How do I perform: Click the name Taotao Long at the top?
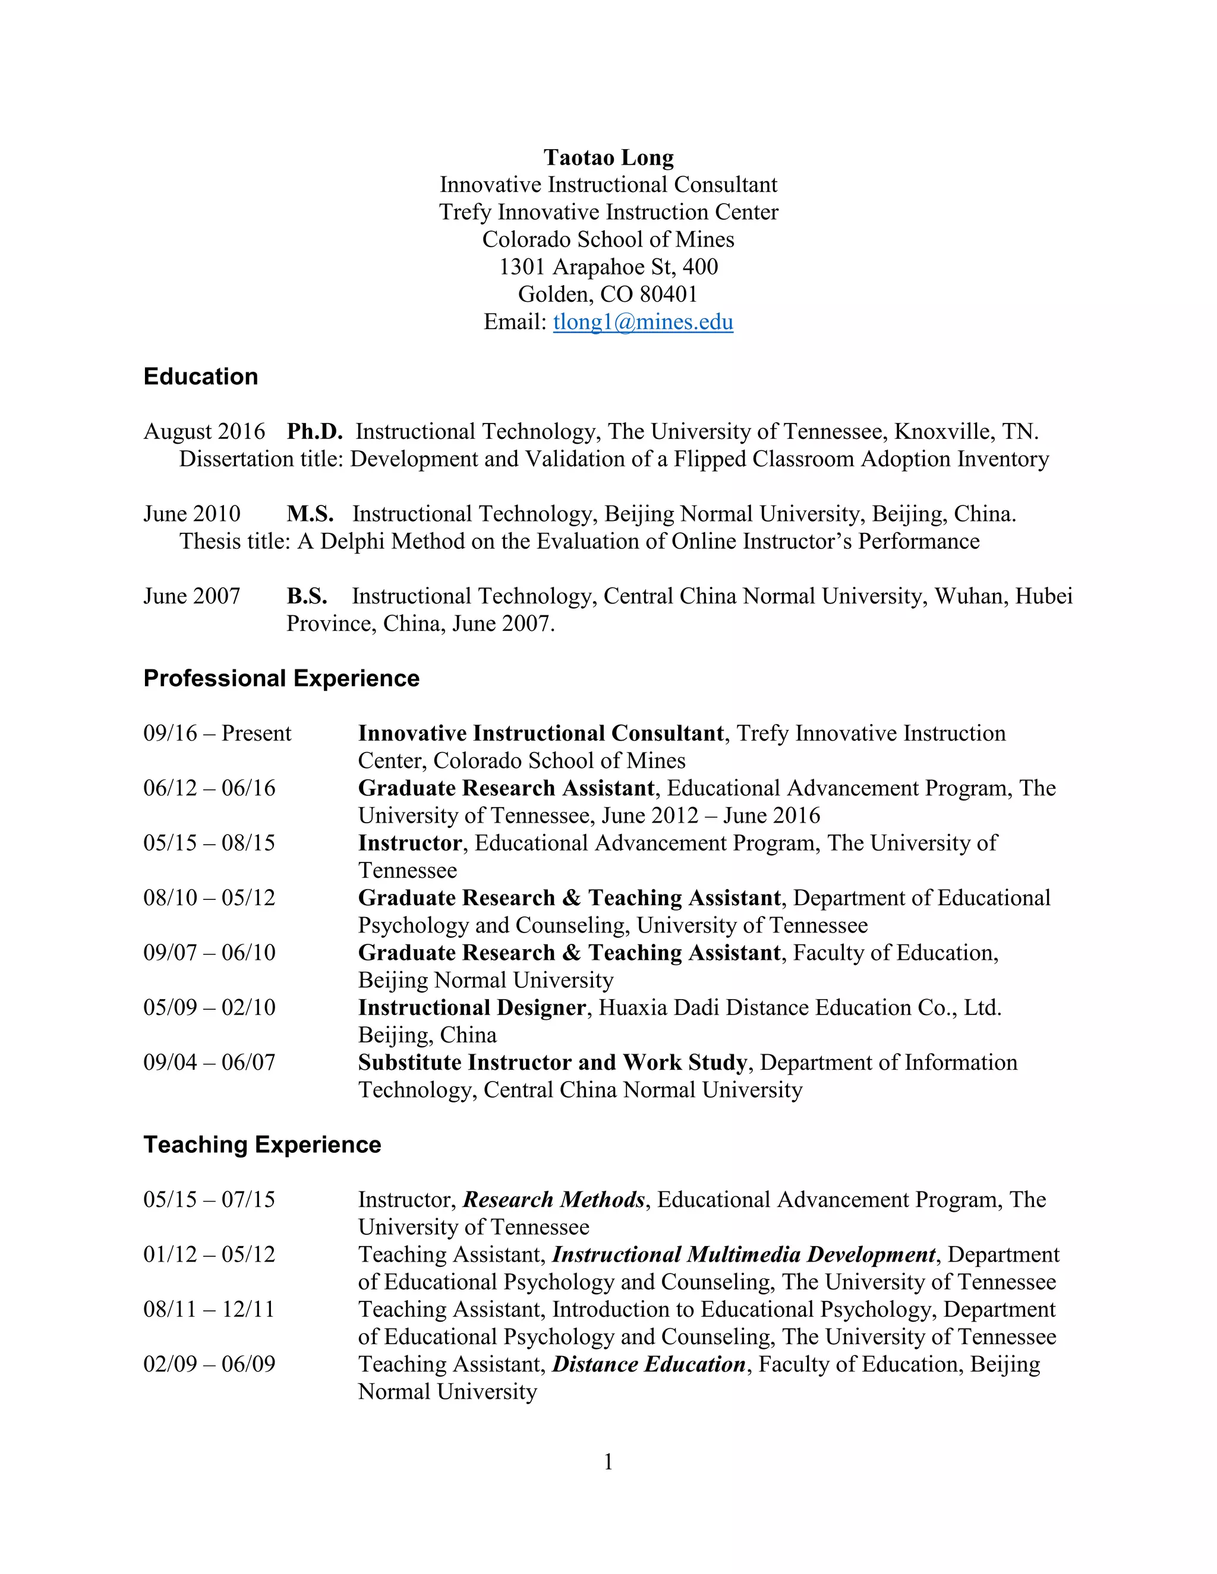(608, 157)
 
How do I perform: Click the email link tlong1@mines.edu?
(642, 321)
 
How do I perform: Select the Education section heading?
(200, 376)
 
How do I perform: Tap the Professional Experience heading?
(281, 678)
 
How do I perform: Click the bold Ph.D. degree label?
(314, 431)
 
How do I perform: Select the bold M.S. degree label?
(310, 514)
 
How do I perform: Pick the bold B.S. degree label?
(307, 596)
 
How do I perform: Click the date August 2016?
(204, 431)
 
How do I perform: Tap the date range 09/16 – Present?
(217, 733)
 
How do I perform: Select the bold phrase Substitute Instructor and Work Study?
(552, 1063)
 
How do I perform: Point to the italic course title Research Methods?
(554, 1199)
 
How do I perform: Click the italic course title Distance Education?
(649, 1364)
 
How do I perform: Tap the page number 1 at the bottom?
(608, 1462)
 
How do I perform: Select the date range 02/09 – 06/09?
(209, 1364)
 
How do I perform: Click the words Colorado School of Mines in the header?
(608, 239)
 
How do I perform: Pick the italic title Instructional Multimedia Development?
(744, 1254)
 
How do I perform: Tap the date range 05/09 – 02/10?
(209, 1007)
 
